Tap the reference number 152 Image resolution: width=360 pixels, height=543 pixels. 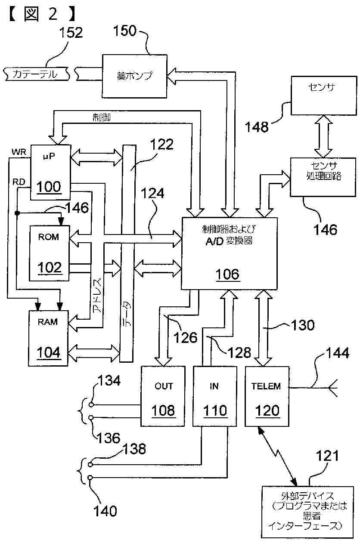pyautogui.click(x=71, y=32)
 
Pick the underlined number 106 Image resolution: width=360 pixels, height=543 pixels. pyautogui.click(x=228, y=274)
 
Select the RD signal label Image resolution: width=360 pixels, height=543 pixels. pyautogui.click(x=19, y=182)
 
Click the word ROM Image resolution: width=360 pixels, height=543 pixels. pyautogui.click(x=48, y=237)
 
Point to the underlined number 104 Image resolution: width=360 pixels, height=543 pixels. pyautogui.click(x=48, y=352)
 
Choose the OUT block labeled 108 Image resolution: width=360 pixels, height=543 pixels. pyautogui.click(x=164, y=396)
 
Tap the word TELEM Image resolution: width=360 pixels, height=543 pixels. pyautogui.click(x=266, y=386)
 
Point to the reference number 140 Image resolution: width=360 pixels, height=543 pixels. pyautogui.click(x=105, y=511)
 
